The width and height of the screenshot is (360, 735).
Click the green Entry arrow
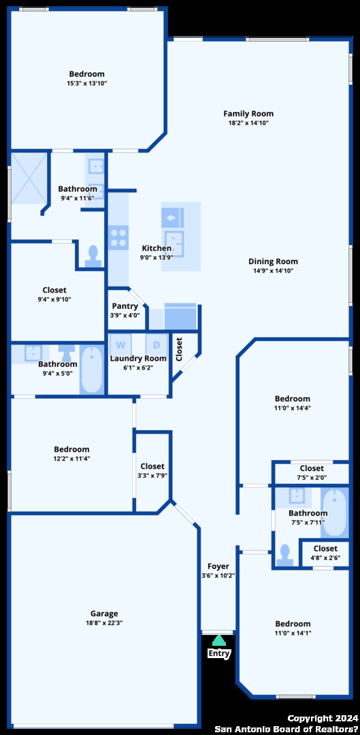click(x=219, y=640)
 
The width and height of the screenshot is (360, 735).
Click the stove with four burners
click(x=118, y=238)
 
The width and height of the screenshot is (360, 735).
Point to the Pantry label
click(x=125, y=306)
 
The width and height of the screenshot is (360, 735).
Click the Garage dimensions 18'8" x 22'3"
click(x=104, y=623)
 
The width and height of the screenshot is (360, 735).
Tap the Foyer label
click(x=218, y=566)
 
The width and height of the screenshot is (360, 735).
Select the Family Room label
click(x=248, y=114)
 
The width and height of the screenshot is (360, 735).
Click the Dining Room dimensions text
click(x=274, y=271)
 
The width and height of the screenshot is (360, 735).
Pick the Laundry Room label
click(x=138, y=359)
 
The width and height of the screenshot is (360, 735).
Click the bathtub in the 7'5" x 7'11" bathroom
click(x=335, y=513)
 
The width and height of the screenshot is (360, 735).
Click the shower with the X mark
click(x=29, y=178)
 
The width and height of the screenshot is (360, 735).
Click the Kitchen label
click(x=157, y=248)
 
